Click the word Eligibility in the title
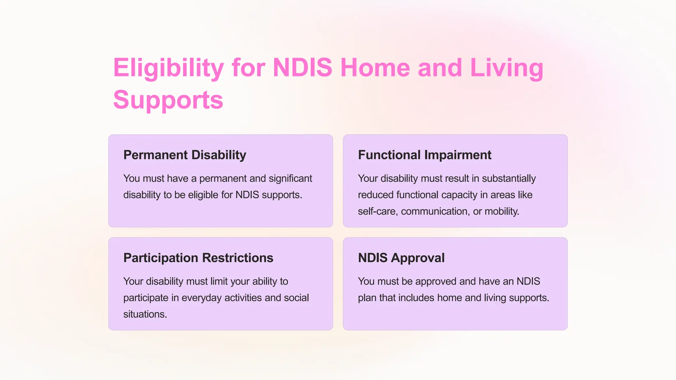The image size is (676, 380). coord(168,68)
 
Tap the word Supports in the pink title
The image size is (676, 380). coord(168,100)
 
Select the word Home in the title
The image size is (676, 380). coord(375,68)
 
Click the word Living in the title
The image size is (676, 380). coord(506,68)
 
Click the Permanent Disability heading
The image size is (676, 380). coord(185,155)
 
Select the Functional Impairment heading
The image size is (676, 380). coord(424,155)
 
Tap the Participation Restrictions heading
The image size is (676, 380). coord(198,258)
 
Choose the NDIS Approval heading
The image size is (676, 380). coord(401,258)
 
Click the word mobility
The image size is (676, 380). coord(501,211)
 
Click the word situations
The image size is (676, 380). coord(145,314)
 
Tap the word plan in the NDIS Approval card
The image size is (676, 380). coord(367,298)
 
